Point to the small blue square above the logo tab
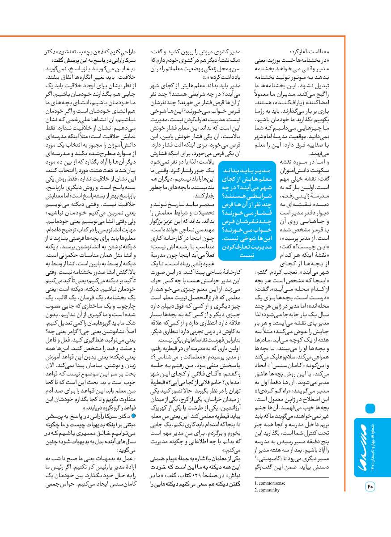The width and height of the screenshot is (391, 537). tap(370, 408)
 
